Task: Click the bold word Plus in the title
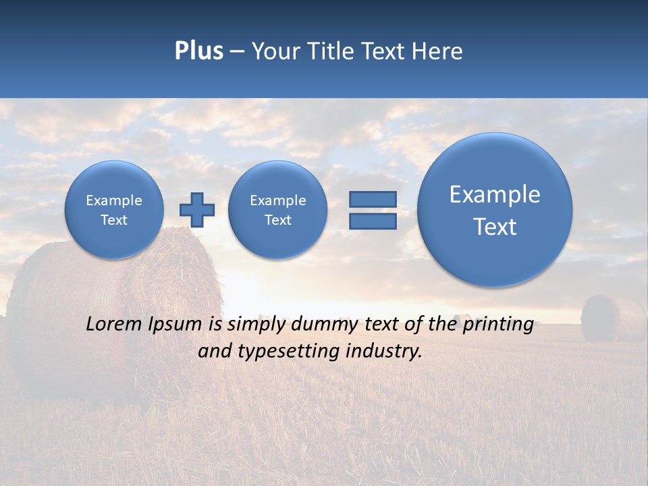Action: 198,51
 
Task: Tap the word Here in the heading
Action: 439,51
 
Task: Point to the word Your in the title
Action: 276,51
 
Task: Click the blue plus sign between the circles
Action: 196,210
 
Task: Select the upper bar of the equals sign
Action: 373,200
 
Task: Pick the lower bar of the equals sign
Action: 373,221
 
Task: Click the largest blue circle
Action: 495,210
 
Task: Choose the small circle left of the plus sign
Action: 114,210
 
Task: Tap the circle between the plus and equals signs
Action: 277,210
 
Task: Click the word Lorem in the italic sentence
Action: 111,324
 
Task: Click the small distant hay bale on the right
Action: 600,317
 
